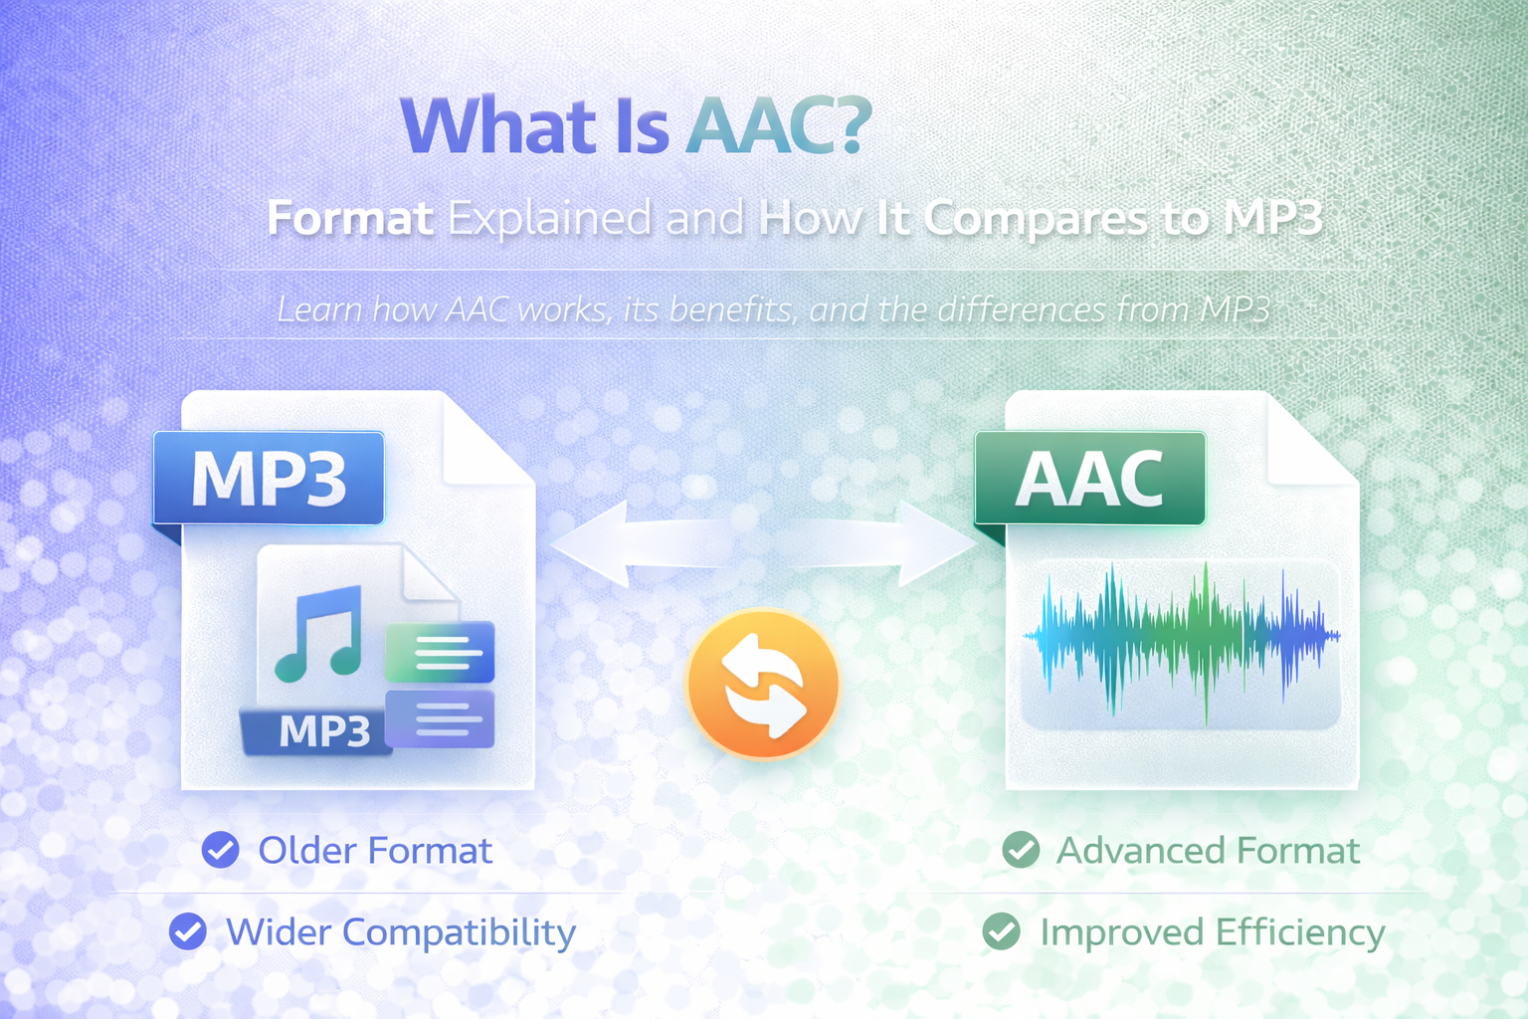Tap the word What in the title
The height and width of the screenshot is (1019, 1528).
[498, 127]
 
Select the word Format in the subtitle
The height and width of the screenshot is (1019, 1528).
[350, 218]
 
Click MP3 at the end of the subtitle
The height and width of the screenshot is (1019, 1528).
[1272, 218]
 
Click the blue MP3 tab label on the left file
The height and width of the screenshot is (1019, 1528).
[269, 479]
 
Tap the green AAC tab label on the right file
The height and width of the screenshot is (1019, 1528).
[1089, 479]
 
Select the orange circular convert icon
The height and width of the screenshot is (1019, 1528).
[763, 685]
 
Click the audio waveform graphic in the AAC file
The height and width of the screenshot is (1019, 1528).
[1182, 637]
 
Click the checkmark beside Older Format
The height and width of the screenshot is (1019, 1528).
[220, 851]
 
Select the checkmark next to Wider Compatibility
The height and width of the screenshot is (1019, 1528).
[187, 932]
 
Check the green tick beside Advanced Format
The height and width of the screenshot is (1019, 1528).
[1021, 851]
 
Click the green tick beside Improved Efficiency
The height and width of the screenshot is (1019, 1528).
[1001, 932]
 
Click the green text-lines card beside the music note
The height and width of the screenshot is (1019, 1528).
[440, 653]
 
